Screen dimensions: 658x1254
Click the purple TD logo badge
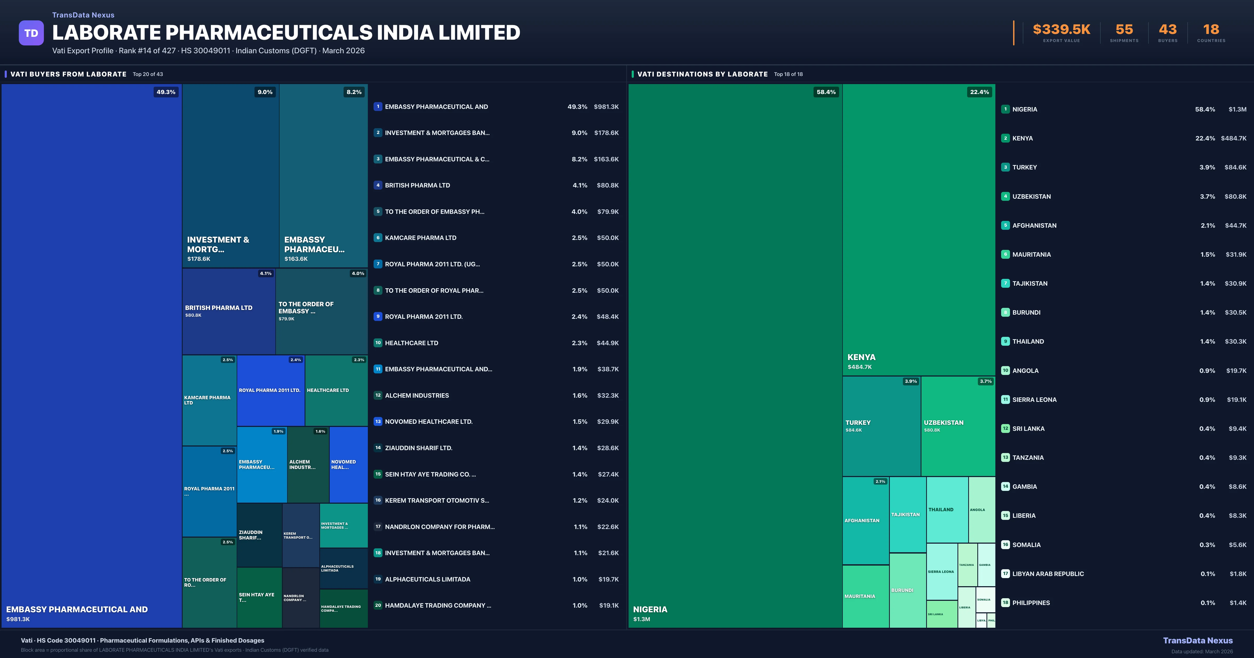click(x=31, y=33)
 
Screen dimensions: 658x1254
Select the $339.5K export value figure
click(x=1061, y=30)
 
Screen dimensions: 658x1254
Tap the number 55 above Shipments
click(x=1124, y=30)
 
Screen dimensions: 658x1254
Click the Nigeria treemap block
click(x=735, y=355)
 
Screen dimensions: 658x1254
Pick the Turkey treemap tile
click(x=881, y=426)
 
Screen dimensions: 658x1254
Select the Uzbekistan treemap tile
click(x=957, y=426)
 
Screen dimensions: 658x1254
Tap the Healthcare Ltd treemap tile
click(x=336, y=390)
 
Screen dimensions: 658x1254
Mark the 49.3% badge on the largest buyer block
click(x=166, y=92)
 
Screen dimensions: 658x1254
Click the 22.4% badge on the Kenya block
click(x=979, y=92)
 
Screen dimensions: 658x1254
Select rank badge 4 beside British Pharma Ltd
click(x=378, y=185)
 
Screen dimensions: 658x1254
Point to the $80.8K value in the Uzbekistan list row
click(x=1235, y=197)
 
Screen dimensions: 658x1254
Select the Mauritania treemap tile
click(x=866, y=596)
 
